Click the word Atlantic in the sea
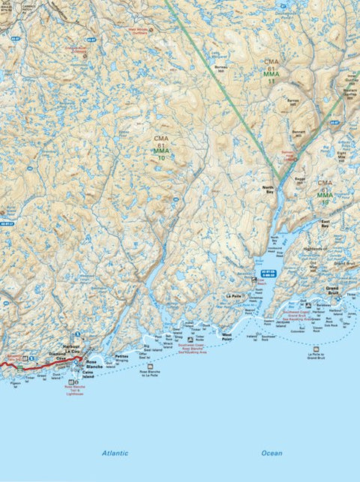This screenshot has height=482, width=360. [115, 453]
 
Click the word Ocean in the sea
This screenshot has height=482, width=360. [272, 453]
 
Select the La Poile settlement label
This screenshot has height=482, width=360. [233, 296]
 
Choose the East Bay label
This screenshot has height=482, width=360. [325, 223]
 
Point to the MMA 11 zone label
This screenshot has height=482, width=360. [271, 76]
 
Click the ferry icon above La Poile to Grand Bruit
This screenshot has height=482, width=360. [316, 349]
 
